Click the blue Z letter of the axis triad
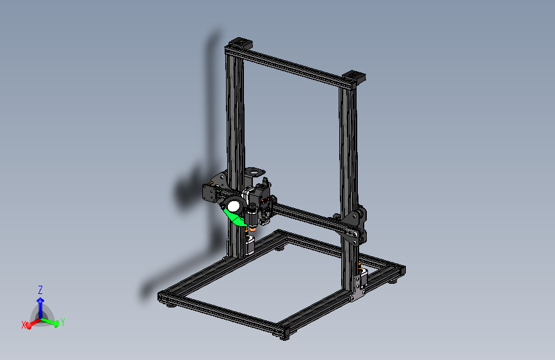(40, 290)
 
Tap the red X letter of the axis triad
(24, 325)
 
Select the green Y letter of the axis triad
(63, 322)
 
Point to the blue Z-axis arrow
(40, 304)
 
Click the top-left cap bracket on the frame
(239, 44)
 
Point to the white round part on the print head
(233, 206)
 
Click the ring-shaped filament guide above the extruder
(255, 172)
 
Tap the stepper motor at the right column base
(364, 277)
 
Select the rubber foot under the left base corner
(170, 305)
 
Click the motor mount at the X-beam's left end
(210, 192)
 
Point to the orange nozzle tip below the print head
(254, 227)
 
